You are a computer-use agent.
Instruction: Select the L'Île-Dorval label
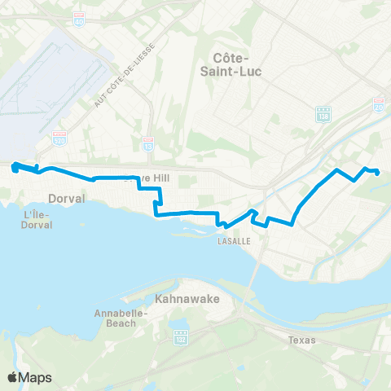coord(38,219)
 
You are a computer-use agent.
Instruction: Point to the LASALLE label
coord(232,242)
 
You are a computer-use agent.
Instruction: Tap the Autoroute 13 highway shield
coord(147,144)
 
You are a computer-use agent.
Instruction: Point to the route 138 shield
coord(323,113)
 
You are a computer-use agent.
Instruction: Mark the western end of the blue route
coord(15,167)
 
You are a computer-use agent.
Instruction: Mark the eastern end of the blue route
coord(377,172)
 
